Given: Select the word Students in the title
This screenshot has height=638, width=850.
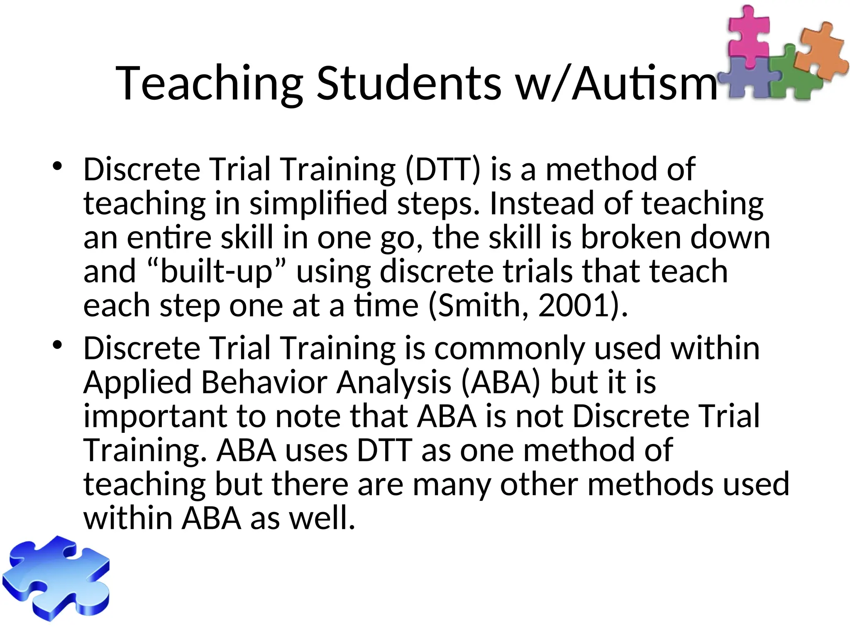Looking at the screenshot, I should (409, 83).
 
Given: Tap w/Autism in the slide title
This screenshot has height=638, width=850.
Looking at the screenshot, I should (616, 83).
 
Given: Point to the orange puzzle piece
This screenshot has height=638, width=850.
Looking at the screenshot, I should (820, 50).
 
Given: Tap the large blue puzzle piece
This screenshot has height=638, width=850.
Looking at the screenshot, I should (56, 579).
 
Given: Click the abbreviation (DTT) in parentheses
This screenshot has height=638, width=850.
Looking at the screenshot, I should (442, 169).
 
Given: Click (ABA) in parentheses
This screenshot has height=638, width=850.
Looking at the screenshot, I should (501, 382).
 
